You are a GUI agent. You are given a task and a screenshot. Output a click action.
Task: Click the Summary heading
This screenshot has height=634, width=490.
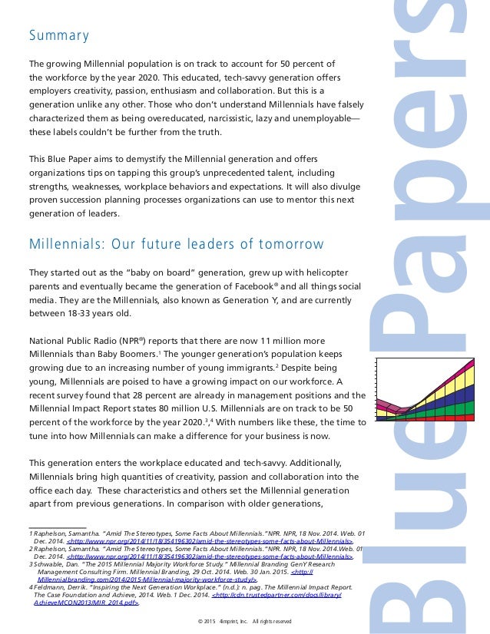click(x=59, y=36)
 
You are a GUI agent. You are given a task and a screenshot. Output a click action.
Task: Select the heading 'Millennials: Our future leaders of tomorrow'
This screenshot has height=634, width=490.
click(x=176, y=244)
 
